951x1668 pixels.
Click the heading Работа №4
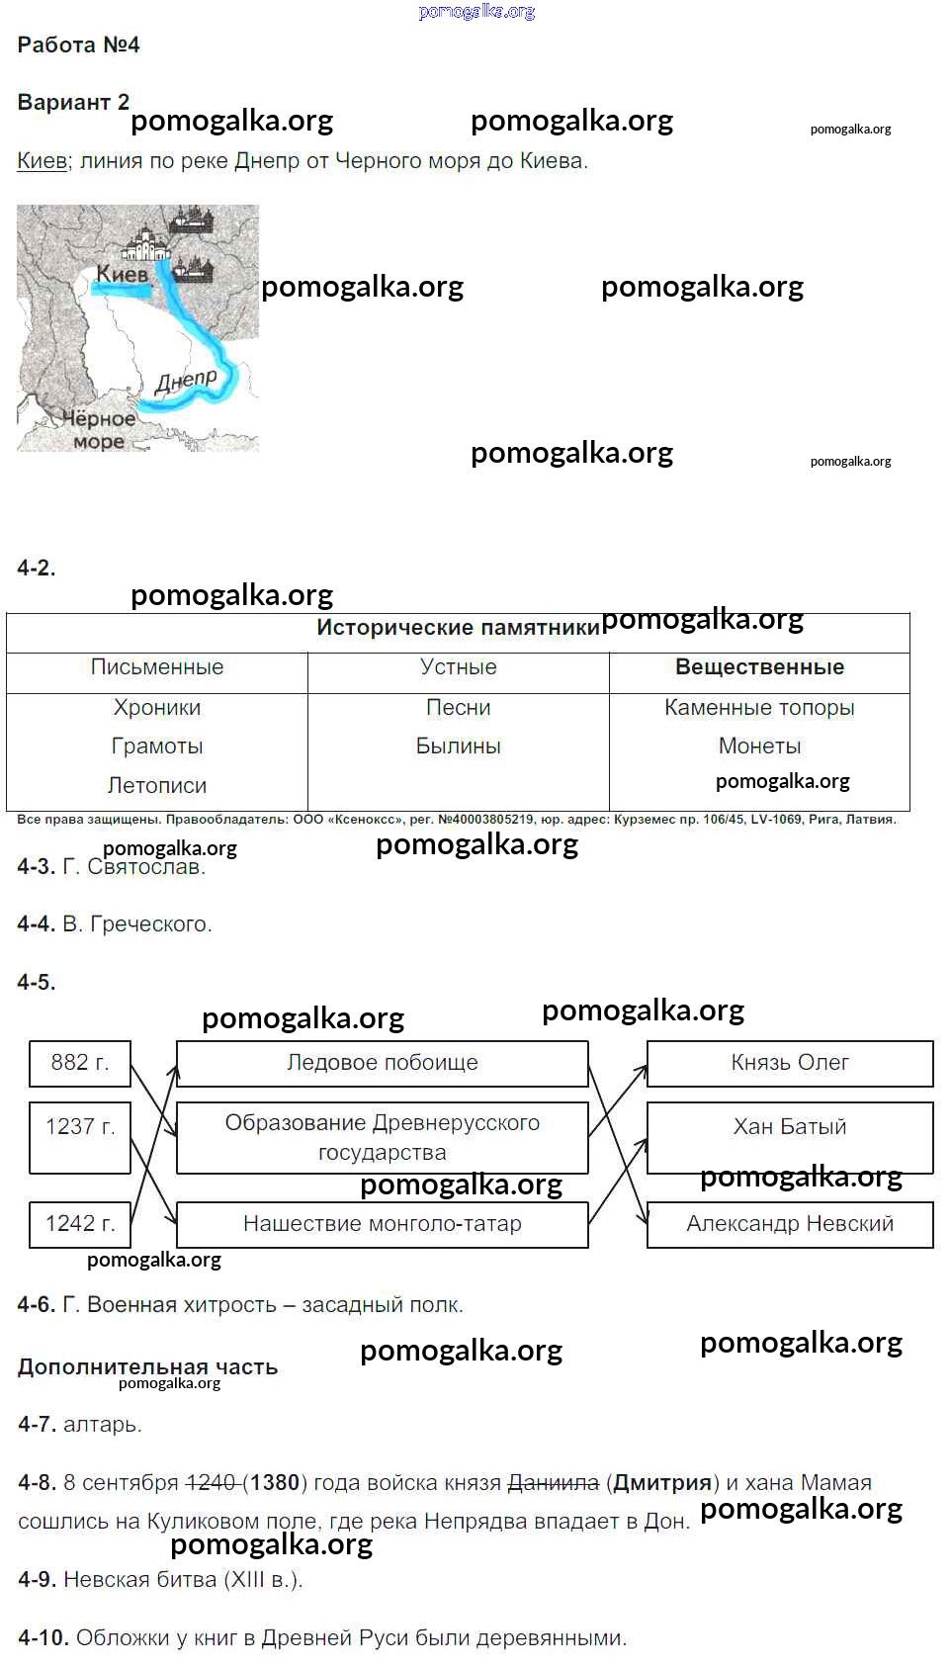tap(78, 45)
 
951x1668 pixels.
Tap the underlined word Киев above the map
tap(42, 161)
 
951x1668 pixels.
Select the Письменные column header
tap(157, 667)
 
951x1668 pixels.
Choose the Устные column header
tap(458, 667)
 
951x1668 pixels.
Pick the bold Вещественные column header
tap(759, 667)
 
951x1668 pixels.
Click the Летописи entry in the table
tap(157, 786)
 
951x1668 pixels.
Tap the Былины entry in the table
tap(458, 746)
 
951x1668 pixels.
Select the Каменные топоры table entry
tap(759, 708)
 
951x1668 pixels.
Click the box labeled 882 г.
tap(80, 1063)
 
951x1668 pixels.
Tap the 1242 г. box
tap(80, 1224)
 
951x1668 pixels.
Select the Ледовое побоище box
tap(382, 1063)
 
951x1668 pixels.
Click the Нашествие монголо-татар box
tap(382, 1224)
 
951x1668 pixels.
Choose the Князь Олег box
tap(789, 1063)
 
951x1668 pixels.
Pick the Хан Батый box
tap(789, 1127)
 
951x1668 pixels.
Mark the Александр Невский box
tap(789, 1224)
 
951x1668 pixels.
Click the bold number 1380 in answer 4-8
tap(275, 1483)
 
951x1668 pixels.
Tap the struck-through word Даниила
tap(553, 1483)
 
